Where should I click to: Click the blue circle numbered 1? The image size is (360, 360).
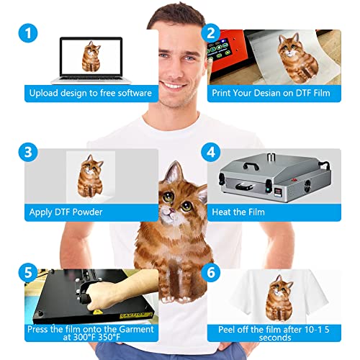28,33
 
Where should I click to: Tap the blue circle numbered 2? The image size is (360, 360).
211,33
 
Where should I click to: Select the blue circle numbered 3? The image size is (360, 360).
28,152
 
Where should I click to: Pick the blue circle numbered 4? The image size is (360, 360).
211,152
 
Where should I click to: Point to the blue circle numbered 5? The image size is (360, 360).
28,273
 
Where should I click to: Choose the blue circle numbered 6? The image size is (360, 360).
211,273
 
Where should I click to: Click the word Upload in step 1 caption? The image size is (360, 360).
44,94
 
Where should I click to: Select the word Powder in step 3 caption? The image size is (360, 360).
87,212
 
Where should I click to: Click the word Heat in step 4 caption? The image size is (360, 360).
221,212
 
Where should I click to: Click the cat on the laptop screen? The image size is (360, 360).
91,57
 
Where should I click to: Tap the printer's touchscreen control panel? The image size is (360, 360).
218,51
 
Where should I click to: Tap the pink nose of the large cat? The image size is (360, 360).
172,210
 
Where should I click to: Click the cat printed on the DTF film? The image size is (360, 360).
297,58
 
